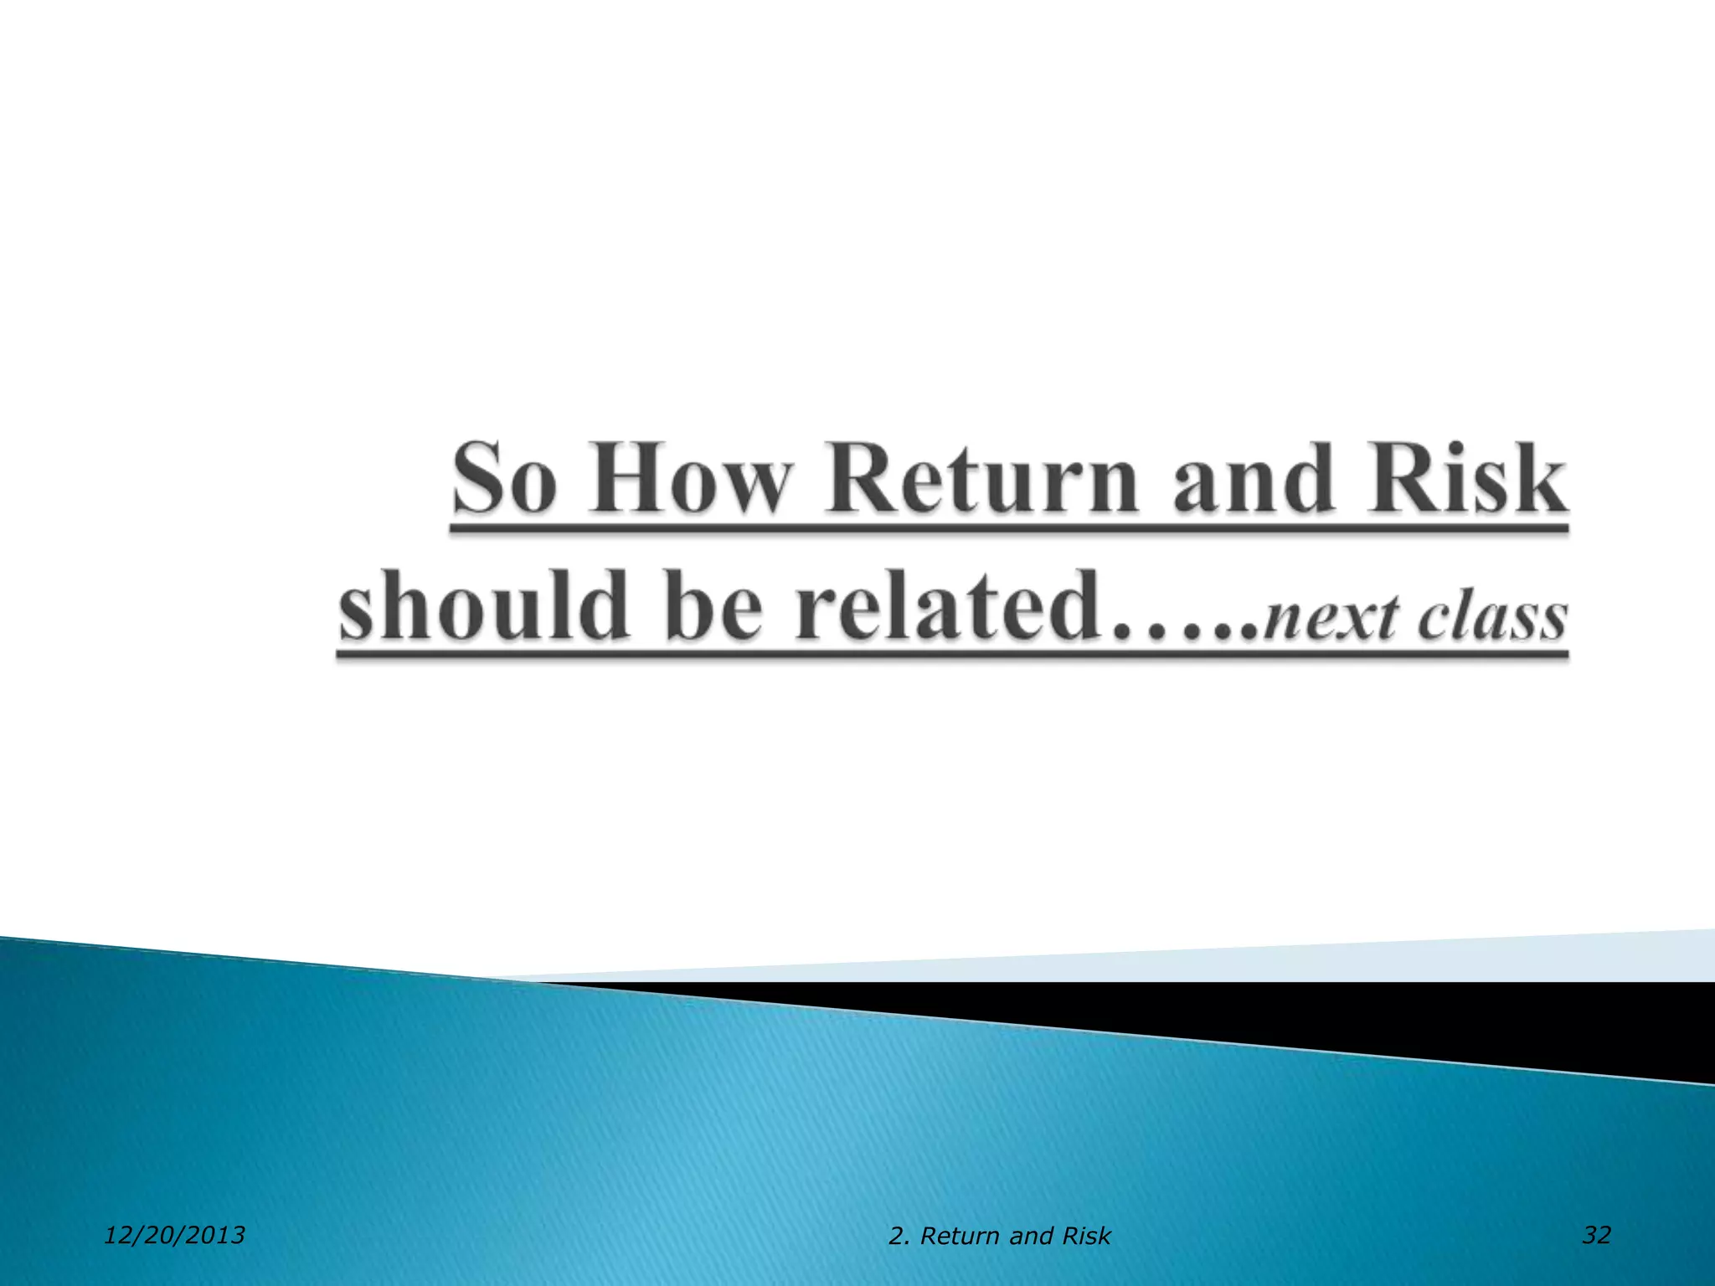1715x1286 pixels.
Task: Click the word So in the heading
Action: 505,479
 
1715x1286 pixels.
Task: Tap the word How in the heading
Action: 690,479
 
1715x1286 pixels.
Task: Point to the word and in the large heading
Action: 1252,479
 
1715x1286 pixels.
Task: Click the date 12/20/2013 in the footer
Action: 174,1235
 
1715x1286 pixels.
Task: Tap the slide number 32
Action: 1596,1235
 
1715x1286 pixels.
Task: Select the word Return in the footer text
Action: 960,1237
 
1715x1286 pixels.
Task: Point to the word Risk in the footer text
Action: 1087,1237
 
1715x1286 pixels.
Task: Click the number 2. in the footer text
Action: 899,1237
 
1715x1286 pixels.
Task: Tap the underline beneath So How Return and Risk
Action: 1008,529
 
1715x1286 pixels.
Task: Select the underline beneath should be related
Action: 951,656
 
